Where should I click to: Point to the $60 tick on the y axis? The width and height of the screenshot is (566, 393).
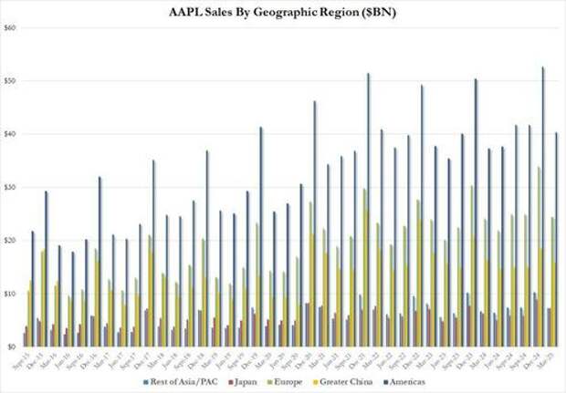pyautogui.click(x=11, y=27)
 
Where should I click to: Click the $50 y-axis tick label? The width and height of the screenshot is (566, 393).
pyautogui.click(x=11, y=81)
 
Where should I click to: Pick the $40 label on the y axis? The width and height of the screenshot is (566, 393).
pyautogui.click(x=11, y=134)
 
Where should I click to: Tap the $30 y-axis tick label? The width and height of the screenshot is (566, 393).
pyautogui.click(x=11, y=188)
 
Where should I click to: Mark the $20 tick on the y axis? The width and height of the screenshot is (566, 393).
pyautogui.click(x=11, y=241)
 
